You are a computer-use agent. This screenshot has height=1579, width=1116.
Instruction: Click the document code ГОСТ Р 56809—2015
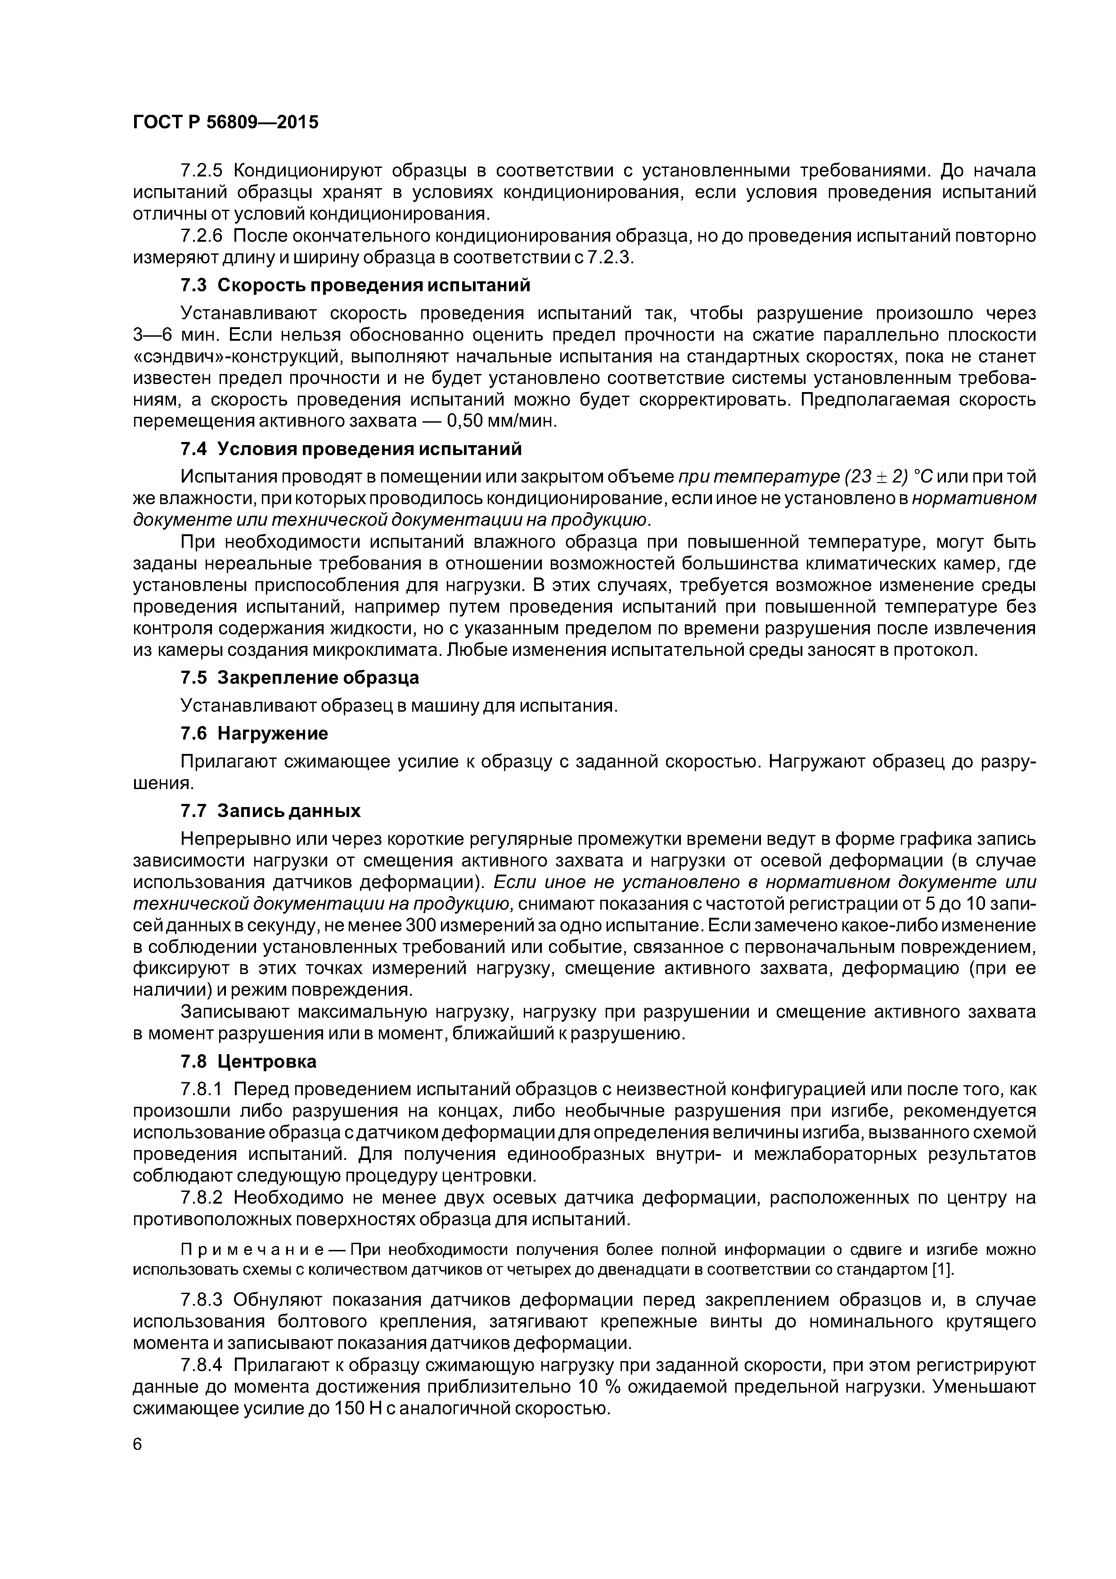point(225,122)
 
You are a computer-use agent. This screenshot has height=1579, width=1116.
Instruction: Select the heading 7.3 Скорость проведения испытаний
point(355,285)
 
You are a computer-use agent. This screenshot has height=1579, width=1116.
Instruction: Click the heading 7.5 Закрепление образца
point(300,677)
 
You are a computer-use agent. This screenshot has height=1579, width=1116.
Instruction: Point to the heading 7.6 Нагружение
point(254,733)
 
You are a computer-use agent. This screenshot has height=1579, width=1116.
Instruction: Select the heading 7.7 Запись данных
point(270,811)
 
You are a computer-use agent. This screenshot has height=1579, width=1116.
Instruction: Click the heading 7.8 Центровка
point(248,1062)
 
